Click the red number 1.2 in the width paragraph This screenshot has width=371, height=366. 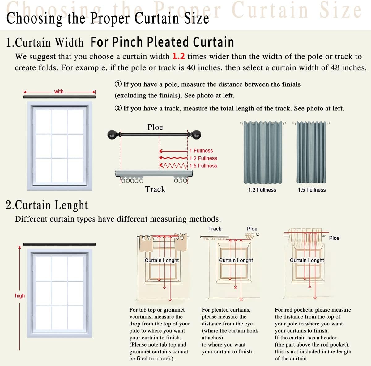point(178,56)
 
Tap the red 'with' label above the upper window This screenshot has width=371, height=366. point(59,91)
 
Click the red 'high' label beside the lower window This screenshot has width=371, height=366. point(20,295)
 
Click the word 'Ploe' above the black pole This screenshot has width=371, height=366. point(155,127)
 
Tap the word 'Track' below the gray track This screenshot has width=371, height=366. point(155,189)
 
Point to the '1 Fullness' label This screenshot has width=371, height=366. point(201,151)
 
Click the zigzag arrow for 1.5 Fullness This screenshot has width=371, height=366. point(173,166)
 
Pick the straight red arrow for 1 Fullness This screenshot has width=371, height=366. point(173,151)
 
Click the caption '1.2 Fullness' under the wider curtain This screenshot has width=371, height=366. point(262,190)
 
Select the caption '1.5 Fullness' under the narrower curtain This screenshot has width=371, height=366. point(312,190)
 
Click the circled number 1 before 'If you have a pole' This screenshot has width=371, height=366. point(118,84)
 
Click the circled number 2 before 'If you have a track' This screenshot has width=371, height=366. point(118,108)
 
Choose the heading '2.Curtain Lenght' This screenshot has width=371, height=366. point(47,205)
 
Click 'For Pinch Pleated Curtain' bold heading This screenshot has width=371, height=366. point(162,42)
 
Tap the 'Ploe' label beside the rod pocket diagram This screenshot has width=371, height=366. point(334,238)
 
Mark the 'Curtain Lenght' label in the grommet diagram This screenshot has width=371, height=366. point(162,260)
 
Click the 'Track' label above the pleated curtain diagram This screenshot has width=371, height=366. point(215,229)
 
